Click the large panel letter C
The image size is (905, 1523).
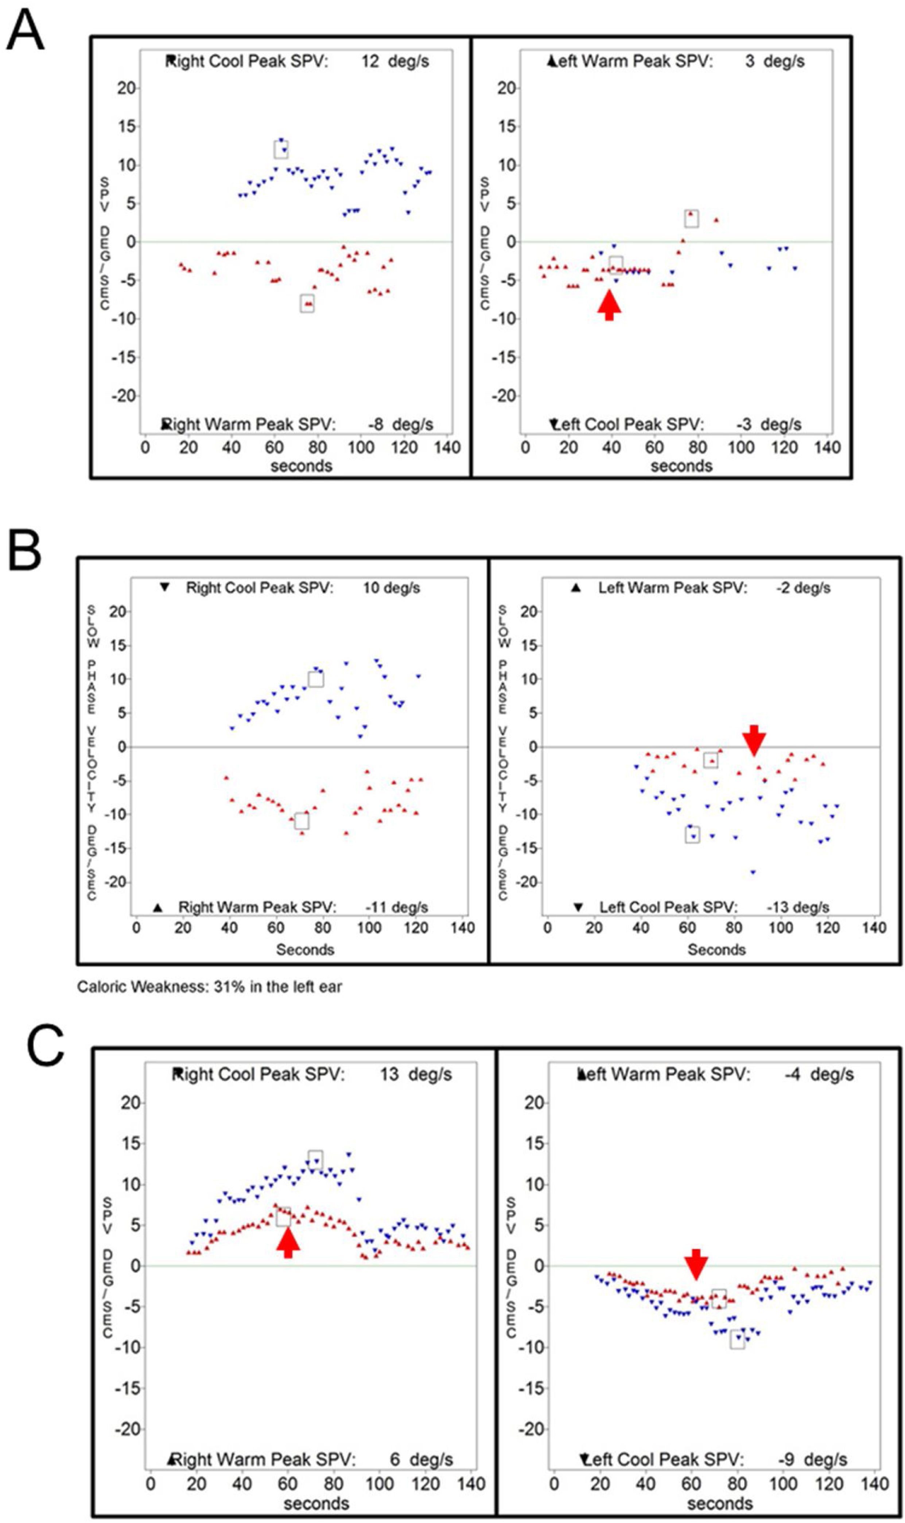[45, 1044]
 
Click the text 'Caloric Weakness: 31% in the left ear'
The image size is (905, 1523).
[209, 987]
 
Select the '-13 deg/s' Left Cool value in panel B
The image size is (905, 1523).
[798, 907]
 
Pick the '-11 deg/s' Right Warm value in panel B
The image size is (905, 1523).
[396, 907]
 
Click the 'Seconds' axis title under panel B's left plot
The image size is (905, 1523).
[305, 950]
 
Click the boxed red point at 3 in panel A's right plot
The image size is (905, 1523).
[691, 219]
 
